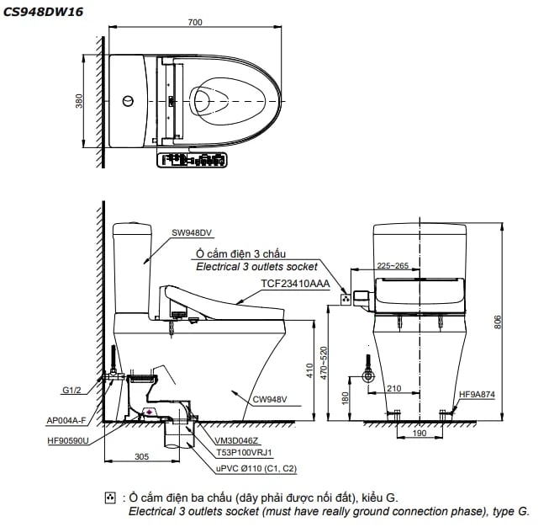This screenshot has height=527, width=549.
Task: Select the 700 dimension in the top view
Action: (x=196, y=23)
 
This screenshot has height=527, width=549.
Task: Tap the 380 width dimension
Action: (x=79, y=102)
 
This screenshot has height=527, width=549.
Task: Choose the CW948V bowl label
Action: (x=271, y=399)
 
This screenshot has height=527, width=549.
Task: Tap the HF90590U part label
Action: (x=67, y=439)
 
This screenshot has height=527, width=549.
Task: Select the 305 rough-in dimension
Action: (x=141, y=455)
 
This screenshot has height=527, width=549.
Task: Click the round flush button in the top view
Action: (x=128, y=102)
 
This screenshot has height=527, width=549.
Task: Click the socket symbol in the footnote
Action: (x=109, y=499)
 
